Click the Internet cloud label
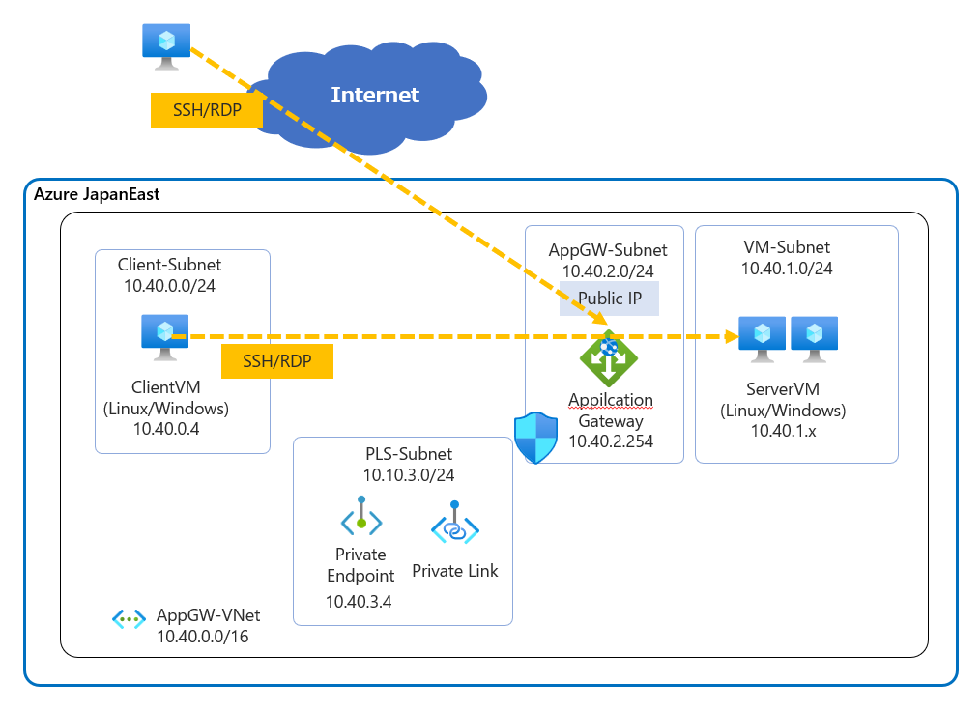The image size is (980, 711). click(x=375, y=95)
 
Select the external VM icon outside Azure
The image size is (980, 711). click(x=166, y=45)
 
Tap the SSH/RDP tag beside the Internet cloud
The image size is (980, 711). click(x=207, y=110)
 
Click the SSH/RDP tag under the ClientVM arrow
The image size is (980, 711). click(x=277, y=361)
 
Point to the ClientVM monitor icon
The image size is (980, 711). click(x=165, y=336)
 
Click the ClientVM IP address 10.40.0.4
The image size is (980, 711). click(x=166, y=429)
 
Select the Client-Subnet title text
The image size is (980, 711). click(x=169, y=265)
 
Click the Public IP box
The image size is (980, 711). click(x=609, y=299)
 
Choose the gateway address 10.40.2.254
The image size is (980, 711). click(x=611, y=441)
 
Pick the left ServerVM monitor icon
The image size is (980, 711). click(x=763, y=339)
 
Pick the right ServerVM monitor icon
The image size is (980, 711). click(x=814, y=339)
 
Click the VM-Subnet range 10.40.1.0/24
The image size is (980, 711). click(x=786, y=269)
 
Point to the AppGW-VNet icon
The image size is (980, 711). click(x=129, y=618)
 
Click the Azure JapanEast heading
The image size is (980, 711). click(x=97, y=194)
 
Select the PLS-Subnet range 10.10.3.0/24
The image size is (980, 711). click(x=409, y=474)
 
